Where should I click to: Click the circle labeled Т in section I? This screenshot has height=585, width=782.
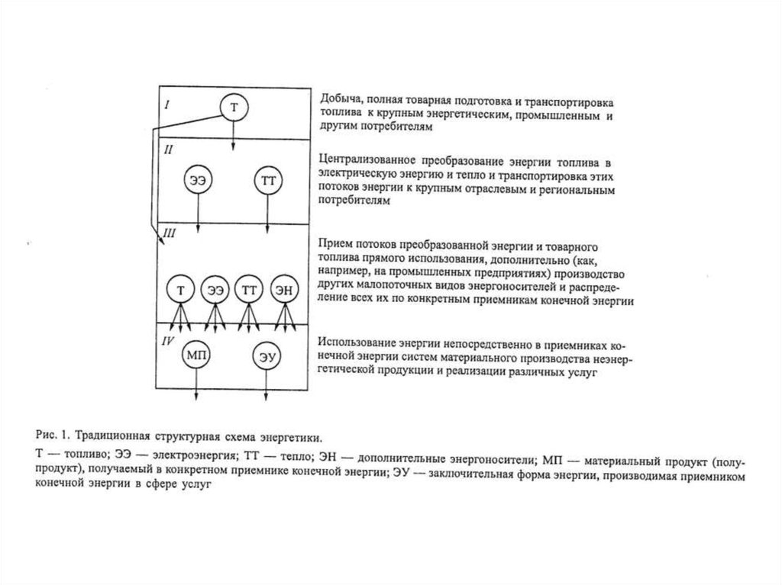(234, 108)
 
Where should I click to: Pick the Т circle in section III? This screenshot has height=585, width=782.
(180, 290)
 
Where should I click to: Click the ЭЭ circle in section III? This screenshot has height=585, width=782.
(215, 290)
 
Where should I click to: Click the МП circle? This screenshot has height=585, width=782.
(196, 355)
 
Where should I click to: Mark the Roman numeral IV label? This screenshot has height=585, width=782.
(170, 336)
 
